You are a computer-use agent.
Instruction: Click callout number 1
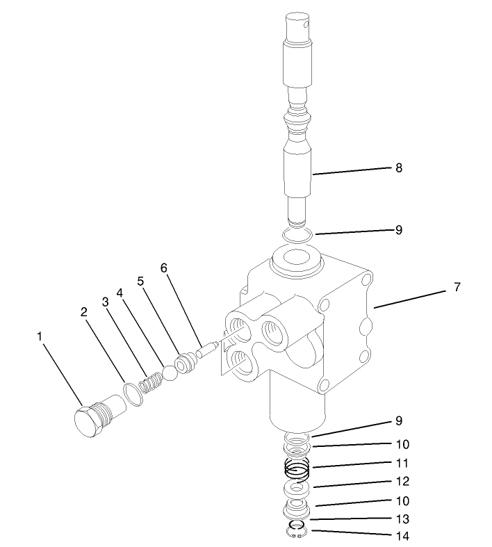40,336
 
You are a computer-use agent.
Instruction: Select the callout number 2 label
84,312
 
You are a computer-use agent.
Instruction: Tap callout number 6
164,268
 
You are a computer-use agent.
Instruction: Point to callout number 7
457,286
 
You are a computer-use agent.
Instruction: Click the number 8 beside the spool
398,168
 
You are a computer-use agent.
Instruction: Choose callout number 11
402,462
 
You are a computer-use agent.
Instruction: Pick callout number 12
402,481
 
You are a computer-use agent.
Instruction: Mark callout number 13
402,519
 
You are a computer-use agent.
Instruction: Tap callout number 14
402,537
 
